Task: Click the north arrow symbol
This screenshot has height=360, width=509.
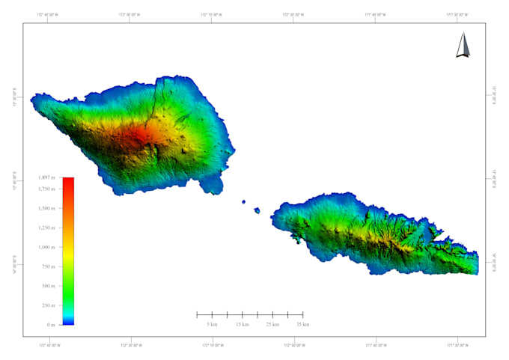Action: pyautogui.click(x=463, y=46)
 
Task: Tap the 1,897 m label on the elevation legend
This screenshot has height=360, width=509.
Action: pyautogui.click(x=46, y=177)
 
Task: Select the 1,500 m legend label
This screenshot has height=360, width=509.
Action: pyautogui.click(x=46, y=208)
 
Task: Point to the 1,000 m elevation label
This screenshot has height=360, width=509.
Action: pyautogui.click(x=46, y=247)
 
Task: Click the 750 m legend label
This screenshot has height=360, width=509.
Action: pyautogui.click(x=48, y=266)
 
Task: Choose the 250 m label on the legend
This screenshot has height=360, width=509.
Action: pyautogui.click(x=48, y=305)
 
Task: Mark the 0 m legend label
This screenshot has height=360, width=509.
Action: pyautogui.click(x=51, y=325)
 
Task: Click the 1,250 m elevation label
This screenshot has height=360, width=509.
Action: pyautogui.click(x=46, y=228)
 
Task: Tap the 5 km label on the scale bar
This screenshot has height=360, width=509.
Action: pyautogui.click(x=213, y=325)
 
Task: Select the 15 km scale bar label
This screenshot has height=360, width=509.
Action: pyautogui.click(x=243, y=325)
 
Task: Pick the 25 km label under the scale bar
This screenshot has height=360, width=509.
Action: pyautogui.click(x=272, y=325)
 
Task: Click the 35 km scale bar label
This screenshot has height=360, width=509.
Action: pyautogui.click(x=302, y=325)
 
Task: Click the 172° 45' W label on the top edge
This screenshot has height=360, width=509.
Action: pyautogui.click(x=49, y=15)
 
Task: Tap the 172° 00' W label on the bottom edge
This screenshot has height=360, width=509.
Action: pyautogui.click(x=294, y=346)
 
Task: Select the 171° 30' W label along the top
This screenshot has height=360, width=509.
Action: pyautogui.click(x=457, y=15)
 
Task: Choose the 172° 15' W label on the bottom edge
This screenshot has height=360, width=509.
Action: pyautogui.click(x=213, y=346)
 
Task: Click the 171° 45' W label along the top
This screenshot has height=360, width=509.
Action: pyautogui.click(x=376, y=15)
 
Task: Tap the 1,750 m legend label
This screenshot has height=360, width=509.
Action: pyautogui.click(x=46, y=189)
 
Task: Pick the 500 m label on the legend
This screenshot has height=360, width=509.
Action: pyautogui.click(x=48, y=286)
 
